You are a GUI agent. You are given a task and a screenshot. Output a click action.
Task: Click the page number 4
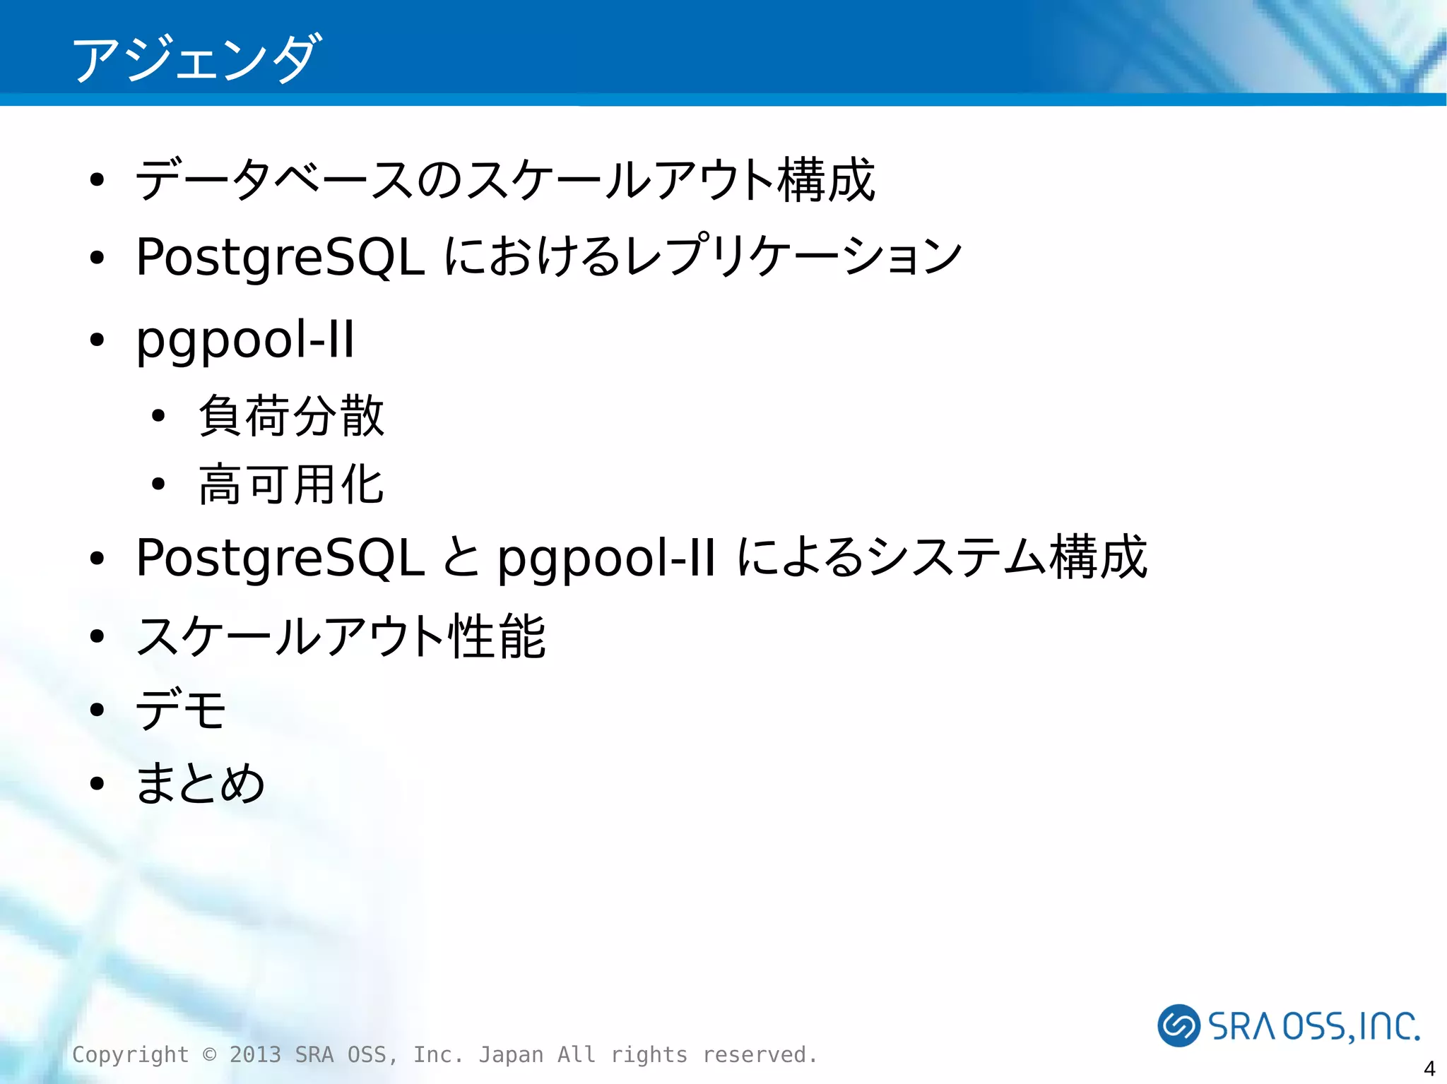tap(1429, 1068)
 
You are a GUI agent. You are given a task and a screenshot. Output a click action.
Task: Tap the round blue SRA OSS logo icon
tap(1179, 1025)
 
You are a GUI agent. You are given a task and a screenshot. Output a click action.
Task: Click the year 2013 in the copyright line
tap(255, 1054)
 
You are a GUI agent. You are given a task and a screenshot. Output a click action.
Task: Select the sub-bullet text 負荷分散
tap(292, 416)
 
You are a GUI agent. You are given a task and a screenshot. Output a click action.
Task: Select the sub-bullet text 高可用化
tap(292, 485)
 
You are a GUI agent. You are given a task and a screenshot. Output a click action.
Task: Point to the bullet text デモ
tap(181, 709)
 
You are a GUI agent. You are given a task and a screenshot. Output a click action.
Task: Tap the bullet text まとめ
tap(201, 782)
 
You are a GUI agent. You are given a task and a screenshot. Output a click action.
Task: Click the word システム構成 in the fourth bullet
tap(1007, 557)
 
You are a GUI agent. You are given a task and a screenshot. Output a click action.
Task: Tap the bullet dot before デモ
tap(98, 710)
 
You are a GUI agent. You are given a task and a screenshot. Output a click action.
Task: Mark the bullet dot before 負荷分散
tap(158, 416)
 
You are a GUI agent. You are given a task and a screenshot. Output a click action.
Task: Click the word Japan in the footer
tap(511, 1054)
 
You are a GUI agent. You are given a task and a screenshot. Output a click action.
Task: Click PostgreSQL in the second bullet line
tap(280, 257)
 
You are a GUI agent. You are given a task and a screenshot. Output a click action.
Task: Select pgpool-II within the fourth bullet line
tap(606, 558)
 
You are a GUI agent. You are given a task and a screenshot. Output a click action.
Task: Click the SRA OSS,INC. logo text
tap(1314, 1026)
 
